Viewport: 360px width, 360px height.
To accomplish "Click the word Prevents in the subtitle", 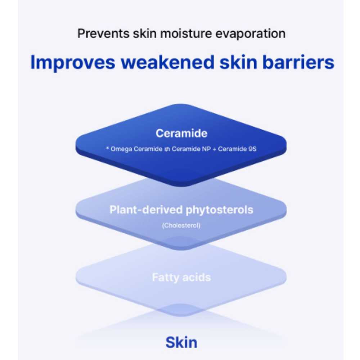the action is point(103,33).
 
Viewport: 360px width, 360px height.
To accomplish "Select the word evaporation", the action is point(251,34).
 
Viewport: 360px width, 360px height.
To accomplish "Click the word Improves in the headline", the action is point(73,62).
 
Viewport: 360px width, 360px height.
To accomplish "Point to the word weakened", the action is point(168,62).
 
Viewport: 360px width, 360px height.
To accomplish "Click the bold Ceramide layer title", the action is point(181,133).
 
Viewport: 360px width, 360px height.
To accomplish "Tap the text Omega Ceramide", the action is point(136,149).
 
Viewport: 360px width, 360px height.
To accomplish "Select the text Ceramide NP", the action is point(191,149).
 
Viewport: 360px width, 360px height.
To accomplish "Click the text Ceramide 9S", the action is point(237,149).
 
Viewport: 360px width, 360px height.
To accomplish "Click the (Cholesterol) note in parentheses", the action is point(181,225).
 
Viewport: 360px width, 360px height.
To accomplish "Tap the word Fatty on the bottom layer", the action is point(166,278).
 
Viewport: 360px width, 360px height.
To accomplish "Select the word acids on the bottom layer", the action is point(197,277).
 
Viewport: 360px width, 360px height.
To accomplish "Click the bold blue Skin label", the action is point(181,343).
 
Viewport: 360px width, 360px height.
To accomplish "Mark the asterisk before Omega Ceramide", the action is point(107,148).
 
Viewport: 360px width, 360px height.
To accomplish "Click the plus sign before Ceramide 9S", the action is point(215,149).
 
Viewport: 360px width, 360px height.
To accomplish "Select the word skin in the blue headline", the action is point(238,62).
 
